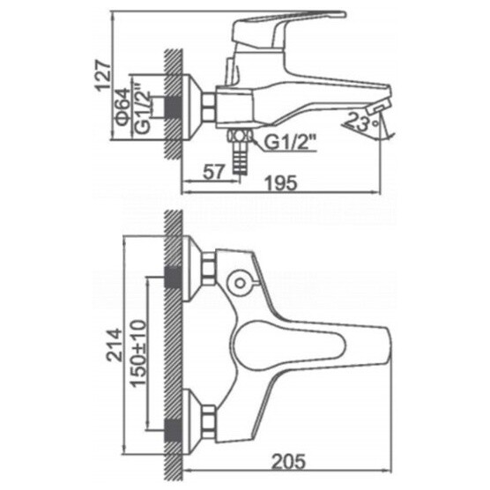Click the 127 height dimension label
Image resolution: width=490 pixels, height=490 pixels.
coord(103,75)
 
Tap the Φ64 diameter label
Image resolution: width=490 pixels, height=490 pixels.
coord(123,107)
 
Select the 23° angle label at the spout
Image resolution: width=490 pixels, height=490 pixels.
coord(363,122)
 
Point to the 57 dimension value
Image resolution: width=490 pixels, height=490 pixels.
coord(214,172)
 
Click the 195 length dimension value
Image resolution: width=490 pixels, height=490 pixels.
coord(281,182)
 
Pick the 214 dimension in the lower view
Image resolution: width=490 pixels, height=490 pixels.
coord(114,345)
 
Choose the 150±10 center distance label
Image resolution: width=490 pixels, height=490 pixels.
coord(138,353)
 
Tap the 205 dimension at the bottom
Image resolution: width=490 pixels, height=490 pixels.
coord(288,462)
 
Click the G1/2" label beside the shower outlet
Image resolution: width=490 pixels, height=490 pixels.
coord(290,142)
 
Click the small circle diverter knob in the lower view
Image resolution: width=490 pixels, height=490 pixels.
coord(240,283)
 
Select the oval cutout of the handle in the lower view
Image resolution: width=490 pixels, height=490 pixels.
coord(289,346)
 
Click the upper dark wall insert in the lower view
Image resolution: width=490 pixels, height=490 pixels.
coord(173,277)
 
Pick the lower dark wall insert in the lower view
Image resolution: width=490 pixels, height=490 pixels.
coord(173,430)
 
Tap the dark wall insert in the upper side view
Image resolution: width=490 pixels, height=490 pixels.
coord(173,107)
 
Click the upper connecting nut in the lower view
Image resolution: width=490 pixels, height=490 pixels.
coord(209,269)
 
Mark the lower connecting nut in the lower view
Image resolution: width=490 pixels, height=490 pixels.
coord(209,422)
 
